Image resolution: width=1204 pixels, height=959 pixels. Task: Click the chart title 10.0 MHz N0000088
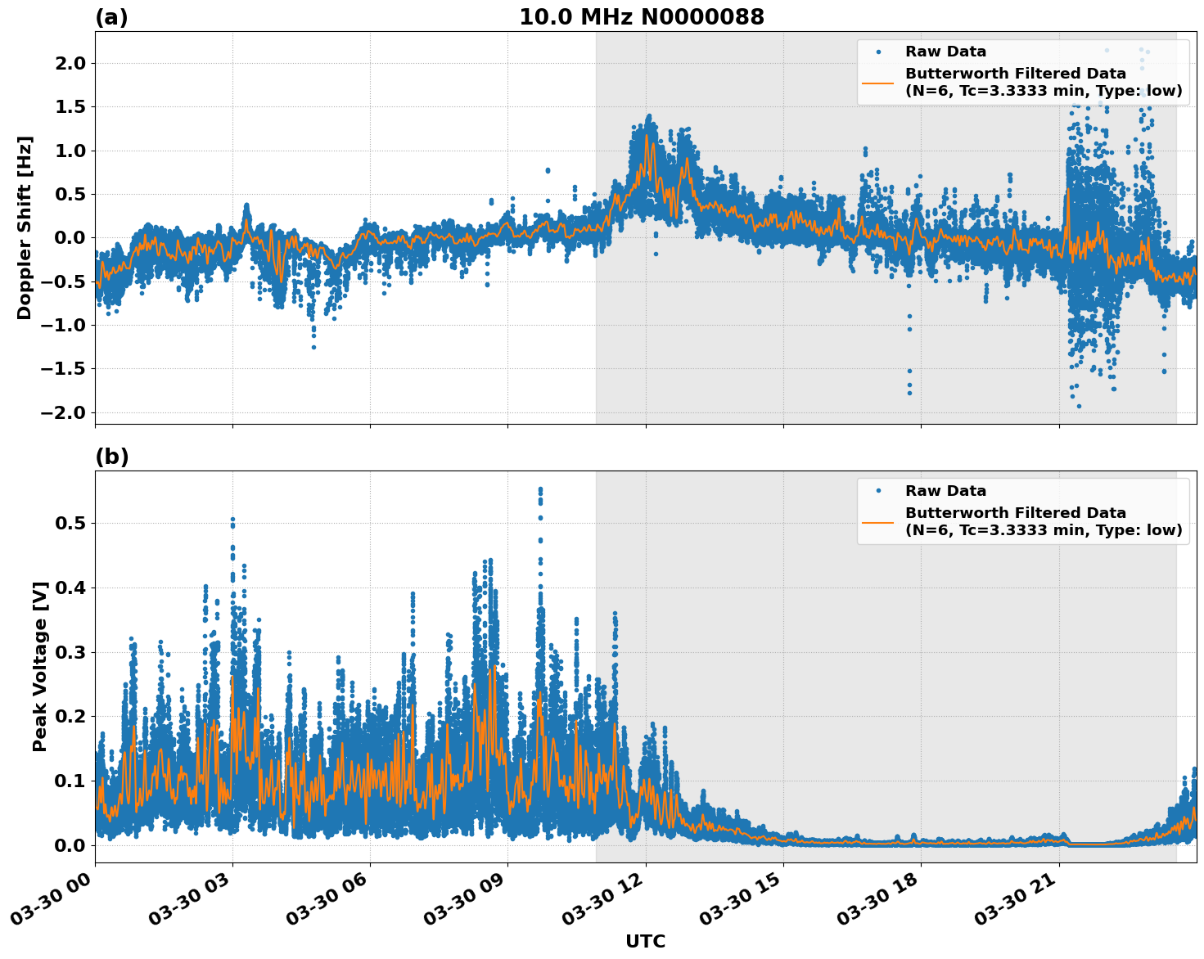[x=641, y=17]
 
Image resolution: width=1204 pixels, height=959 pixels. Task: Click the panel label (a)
[x=111, y=17]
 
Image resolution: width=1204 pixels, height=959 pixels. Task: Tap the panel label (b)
[x=111, y=457]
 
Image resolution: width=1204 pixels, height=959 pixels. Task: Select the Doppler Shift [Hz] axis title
[x=25, y=227]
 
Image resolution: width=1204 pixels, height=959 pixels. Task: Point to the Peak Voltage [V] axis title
[x=40, y=666]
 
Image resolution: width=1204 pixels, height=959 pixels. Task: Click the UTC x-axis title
[x=645, y=941]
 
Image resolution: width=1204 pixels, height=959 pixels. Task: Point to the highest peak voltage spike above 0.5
[x=540, y=490]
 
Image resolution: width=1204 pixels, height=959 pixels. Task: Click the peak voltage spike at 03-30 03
[x=232, y=520]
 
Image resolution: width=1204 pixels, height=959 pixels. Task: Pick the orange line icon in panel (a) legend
[x=877, y=82]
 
